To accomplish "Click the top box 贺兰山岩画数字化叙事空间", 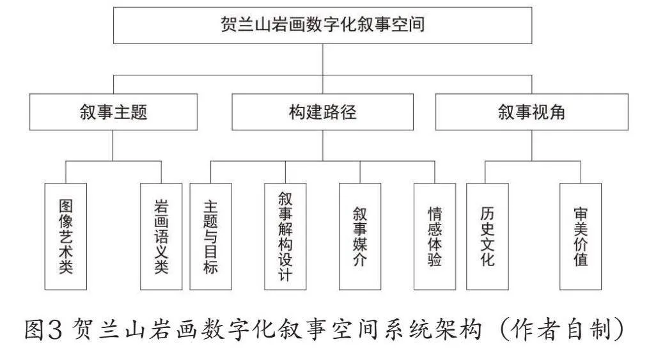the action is coord(322,25).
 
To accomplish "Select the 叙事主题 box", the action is coord(113,112).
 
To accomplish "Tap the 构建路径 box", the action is coord(322,112).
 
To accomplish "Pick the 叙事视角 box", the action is coord(532,112).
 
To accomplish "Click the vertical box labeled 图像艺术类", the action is coord(66,237).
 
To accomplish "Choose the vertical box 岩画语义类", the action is coord(161,237).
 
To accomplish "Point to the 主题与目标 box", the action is coord(210,237).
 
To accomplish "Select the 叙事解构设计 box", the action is coord(285,237).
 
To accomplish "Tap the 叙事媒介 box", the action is coord(360,237).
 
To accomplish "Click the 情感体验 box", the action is coord(435,237).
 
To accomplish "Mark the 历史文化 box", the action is coord(487,237).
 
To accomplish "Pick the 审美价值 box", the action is coord(581,237).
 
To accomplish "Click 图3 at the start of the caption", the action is coord(43,330).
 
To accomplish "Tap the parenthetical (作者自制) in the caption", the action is coord(561,330).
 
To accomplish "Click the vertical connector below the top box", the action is coord(322,59).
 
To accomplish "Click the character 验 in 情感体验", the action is coord(435,260).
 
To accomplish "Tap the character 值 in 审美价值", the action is coord(581,260).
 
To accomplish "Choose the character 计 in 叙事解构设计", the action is coord(285,274).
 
